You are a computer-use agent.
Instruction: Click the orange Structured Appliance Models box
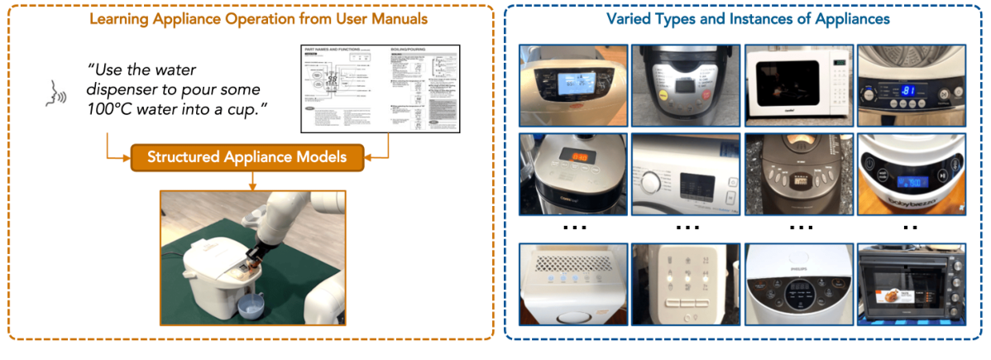(247, 156)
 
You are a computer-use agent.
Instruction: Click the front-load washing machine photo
(678, 175)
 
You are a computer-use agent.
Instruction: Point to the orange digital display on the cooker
(564, 157)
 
